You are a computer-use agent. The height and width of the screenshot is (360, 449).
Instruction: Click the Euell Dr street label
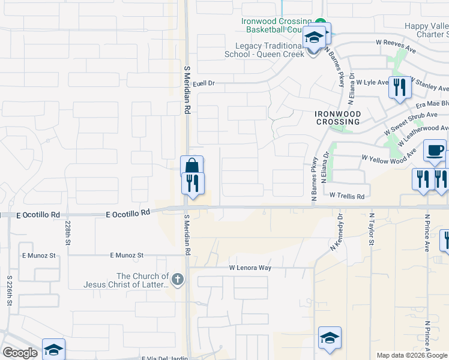tap(203, 83)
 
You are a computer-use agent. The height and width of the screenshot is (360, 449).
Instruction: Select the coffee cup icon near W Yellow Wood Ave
tap(434, 151)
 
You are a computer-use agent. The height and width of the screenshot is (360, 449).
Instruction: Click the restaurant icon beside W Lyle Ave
tap(399, 88)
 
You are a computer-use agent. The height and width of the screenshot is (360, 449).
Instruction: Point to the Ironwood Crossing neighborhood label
tap(337, 117)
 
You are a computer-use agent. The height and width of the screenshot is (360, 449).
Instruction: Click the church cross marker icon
tap(176, 279)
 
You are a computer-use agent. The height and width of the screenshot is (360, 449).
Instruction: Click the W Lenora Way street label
tap(250, 268)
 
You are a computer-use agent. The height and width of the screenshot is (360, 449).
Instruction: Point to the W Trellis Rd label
tap(347, 196)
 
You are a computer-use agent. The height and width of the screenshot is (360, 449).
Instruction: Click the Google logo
tap(20, 353)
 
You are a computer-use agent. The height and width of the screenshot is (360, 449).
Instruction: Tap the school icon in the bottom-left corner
tap(53, 349)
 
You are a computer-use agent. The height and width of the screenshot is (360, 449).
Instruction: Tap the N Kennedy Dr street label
tap(337, 232)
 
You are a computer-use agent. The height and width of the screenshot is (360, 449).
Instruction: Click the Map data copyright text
tap(412, 355)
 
